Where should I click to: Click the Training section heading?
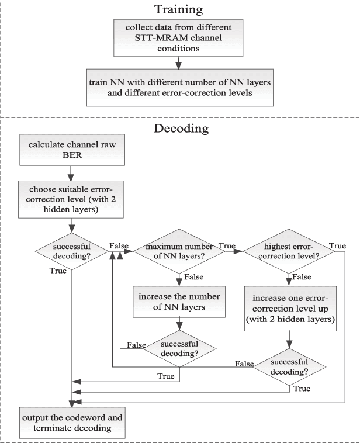pos(180,10)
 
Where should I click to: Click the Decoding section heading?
pos(180,128)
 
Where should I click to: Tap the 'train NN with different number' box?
pos(179,89)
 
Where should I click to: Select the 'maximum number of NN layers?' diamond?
pos(179,251)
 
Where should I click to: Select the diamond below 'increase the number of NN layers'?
pos(179,349)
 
